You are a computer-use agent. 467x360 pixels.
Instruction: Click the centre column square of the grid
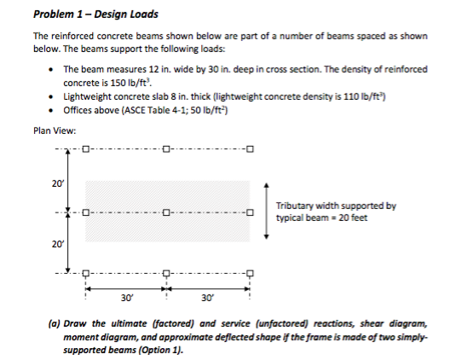pyautogui.click(x=165, y=213)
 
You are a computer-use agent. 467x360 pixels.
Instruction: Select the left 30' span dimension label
pyautogui.click(x=125, y=299)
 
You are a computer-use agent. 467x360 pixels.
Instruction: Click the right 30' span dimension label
pyautogui.click(x=207, y=299)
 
